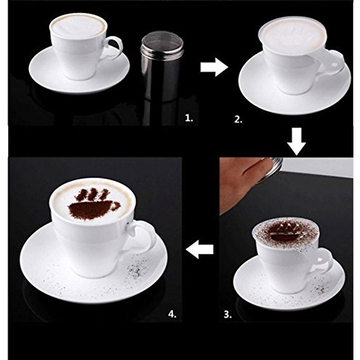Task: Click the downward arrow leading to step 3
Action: pyautogui.click(x=296, y=141)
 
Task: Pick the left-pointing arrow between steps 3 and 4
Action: pyautogui.click(x=200, y=250)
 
